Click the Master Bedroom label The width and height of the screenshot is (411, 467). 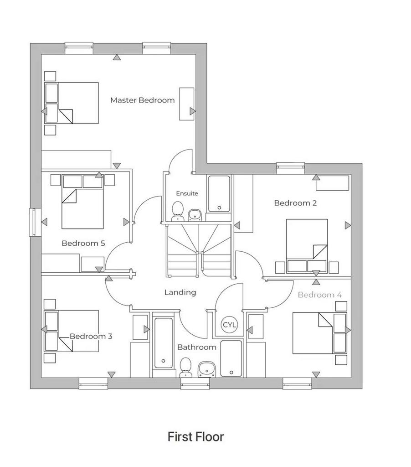coord(142,100)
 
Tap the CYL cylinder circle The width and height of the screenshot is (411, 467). coord(229,325)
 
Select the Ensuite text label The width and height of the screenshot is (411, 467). coord(187,193)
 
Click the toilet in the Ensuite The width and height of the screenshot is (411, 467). coord(178,211)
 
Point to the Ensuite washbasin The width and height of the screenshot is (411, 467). coord(195,215)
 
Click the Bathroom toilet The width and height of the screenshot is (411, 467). coord(186,368)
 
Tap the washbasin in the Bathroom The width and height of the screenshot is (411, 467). coord(207,369)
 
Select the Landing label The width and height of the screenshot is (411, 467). coord(180,292)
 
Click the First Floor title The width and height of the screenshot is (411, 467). coord(195,436)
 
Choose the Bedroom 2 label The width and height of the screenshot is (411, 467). coord(295,203)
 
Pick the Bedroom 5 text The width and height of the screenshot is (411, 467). coord(83,244)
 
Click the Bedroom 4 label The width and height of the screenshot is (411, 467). coord(319,295)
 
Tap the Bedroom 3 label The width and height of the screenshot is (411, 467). coord(91,336)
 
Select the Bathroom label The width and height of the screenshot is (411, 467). coord(197,347)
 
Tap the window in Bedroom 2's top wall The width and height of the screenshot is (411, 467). coord(290,168)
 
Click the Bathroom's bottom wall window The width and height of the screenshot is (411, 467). coord(195,384)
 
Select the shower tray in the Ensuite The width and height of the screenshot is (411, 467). coord(219,194)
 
